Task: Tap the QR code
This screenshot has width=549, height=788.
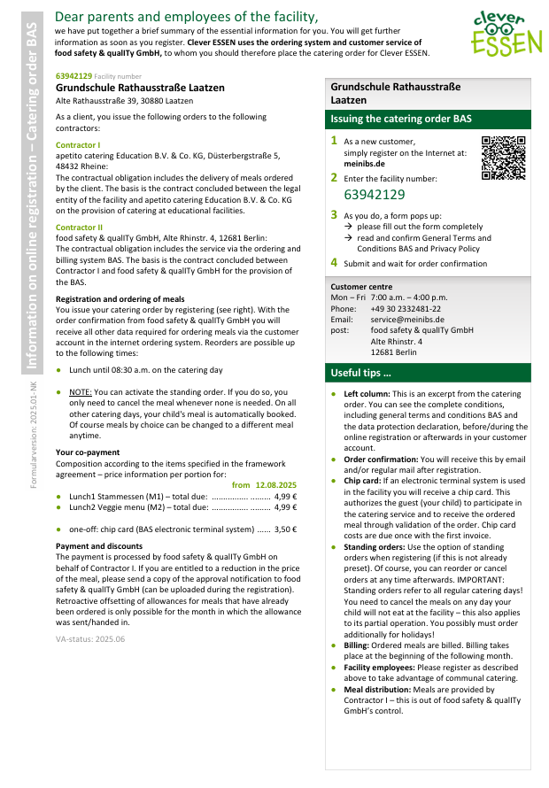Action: (503, 158)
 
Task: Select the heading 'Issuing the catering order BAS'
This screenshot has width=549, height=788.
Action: (401, 119)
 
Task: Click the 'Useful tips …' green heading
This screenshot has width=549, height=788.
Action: (360, 373)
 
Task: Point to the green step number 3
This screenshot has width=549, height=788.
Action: (334, 214)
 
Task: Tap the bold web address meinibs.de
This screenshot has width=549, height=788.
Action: (364, 163)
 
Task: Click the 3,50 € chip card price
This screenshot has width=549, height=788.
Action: (285, 529)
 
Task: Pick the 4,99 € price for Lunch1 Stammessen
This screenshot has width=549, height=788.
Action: (285, 497)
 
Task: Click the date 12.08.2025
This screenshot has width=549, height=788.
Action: (276, 485)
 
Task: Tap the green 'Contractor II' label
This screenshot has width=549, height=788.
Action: (79, 228)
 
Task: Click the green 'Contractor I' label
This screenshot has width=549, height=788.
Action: (78, 144)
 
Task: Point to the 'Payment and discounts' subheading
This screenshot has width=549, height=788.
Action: (99, 546)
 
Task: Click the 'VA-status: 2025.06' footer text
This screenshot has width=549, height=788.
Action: (90, 638)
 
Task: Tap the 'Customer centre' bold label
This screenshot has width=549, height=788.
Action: (361, 287)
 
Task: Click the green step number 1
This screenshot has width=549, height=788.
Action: (334, 140)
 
